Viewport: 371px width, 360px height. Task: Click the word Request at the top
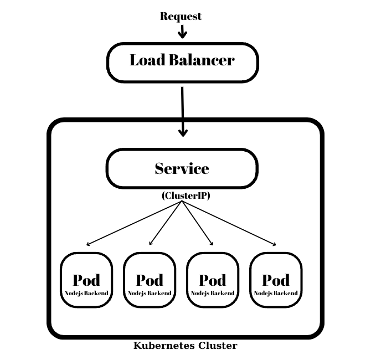click(x=181, y=16)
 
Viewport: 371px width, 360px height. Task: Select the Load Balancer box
click(x=182, y=62)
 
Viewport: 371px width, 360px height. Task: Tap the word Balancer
click(x=202, y=60)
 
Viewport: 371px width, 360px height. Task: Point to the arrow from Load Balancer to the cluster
click(x=182, y=111)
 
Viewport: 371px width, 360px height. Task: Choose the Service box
click(x=182, y=168)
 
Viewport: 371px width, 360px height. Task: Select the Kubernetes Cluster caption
click(x=185, y=346)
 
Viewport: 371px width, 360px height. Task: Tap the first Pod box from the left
click(x=86, y=280)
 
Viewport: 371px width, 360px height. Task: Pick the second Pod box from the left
click(x=150, y=280)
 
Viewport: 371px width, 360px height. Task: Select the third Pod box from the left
click(x=213, y=280)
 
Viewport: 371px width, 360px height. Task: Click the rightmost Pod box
click(x=276, y=280)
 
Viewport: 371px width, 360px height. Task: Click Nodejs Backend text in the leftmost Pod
click(x=86, y=293)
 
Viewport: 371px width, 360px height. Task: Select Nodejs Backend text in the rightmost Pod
click(x=276, y=293)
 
